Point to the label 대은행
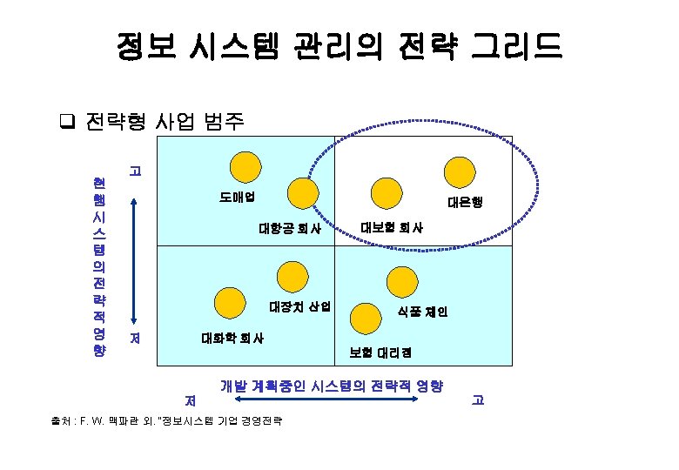[x=465, y=202]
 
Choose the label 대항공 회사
[x=291, y=230]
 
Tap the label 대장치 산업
[x=300, y=306]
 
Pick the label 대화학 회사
[x=233, y=337]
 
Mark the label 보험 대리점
[x=380, y=352]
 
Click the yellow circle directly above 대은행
[x=459, y=173]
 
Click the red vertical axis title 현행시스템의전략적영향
[x=97, y=266]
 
